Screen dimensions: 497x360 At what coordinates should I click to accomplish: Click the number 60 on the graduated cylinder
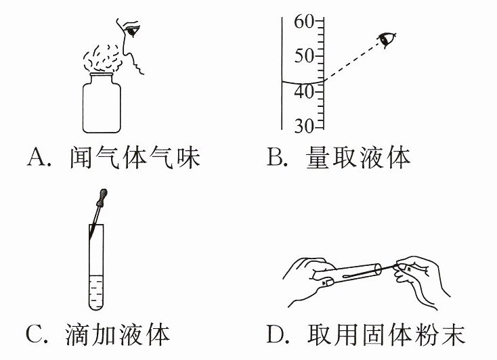click(x=303, y=22)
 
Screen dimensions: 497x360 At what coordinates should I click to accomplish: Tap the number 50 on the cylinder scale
click(x=303, y=56)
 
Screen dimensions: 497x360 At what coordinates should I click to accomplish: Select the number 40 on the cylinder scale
click(x=303, y=92)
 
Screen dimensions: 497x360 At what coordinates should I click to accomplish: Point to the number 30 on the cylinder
click(x=303, y=126)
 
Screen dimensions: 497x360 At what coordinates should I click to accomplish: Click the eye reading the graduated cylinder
click(x=387, y=39)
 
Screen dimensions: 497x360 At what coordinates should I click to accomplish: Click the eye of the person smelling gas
click(x=131, y=31)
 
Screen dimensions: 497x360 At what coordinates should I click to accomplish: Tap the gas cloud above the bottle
click(x=102, y=58)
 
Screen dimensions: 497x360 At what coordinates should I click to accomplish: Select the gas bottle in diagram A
click(x=102, y=103)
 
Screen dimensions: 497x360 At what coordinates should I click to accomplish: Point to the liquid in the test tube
click(x=96, y=291)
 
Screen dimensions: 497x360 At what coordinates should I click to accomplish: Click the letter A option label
click(x=37, y=157)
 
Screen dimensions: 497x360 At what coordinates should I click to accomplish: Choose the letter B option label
click(x=276, y=157)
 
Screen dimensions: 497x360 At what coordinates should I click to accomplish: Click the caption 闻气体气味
click(x=135, y=157)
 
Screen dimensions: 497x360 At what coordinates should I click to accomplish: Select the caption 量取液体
click(x=358, y=157)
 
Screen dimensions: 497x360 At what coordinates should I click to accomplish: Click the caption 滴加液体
click(x=118, y=334)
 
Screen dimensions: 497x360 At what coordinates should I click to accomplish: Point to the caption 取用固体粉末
click(x=386, y=334)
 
